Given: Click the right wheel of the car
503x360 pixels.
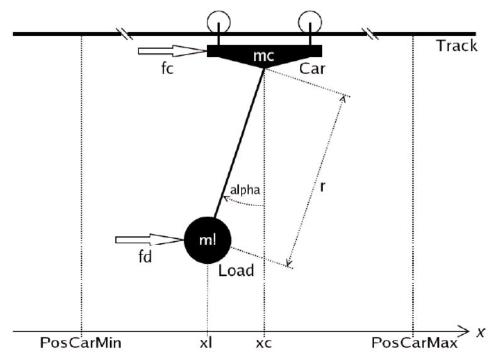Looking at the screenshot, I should coord(310,23).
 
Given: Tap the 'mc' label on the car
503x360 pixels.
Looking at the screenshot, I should coord(264,56).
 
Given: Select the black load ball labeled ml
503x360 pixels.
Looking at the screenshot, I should coord(207,239).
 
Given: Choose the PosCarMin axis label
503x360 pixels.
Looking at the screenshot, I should coord(80,344).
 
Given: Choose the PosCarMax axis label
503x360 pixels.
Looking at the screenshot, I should coord(413,344).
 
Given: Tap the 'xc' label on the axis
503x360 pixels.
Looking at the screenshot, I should coord(263,344).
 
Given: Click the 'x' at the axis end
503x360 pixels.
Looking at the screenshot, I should coord(481,332).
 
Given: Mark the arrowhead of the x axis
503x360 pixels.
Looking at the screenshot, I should coord(465,330).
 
